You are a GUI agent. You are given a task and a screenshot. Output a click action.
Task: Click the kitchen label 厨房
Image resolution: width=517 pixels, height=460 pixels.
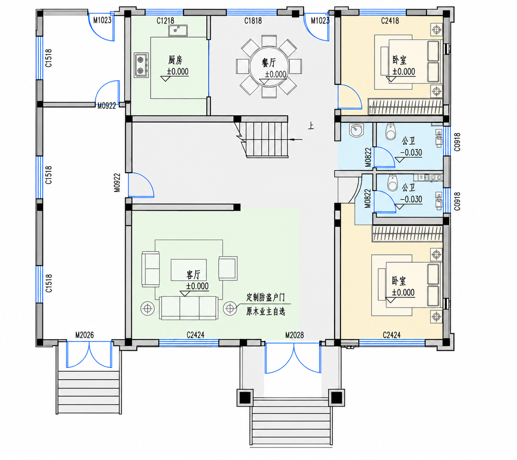[x=175, y=61]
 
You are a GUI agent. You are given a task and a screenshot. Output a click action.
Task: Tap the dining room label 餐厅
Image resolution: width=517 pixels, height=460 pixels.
[x=269, y=63]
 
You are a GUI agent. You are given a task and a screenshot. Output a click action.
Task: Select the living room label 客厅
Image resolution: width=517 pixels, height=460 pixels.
[x=194, y=275]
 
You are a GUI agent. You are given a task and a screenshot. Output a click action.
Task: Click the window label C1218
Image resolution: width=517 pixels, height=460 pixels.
[x=165, y=21]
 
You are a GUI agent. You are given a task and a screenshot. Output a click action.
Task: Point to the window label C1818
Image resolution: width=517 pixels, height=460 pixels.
[x=253, y=21]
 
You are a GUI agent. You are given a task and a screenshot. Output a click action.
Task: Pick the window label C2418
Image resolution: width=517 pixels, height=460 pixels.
[x=390, y=21]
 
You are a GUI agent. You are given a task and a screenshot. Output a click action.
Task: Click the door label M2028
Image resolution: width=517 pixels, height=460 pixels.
[x=295, y=335]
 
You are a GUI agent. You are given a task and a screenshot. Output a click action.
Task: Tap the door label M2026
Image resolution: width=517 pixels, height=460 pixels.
[x=84, y=335]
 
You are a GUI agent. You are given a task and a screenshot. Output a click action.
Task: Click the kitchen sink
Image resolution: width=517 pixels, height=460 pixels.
[x=178, y=31]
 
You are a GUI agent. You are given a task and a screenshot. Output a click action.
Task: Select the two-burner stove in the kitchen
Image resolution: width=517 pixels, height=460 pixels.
[x=141, y=65]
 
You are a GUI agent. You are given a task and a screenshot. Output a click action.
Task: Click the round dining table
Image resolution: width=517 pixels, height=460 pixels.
[x=269, y=66]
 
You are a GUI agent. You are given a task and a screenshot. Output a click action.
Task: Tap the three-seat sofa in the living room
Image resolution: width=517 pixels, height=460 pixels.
[x=188, y=308]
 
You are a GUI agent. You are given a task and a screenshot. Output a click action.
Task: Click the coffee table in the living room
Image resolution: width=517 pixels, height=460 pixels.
[x=189, y=270]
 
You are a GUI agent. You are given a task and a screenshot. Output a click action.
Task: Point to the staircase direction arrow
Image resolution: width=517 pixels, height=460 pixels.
[x=295, y=139]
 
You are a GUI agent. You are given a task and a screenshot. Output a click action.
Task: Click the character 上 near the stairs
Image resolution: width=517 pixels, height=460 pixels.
[x=311, y=126]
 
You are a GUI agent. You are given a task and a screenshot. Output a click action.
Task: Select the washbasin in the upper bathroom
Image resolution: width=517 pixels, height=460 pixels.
[x=355, y=131]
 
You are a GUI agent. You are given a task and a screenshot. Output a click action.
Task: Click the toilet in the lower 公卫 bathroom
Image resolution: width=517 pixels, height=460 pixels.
[x=392, y=183]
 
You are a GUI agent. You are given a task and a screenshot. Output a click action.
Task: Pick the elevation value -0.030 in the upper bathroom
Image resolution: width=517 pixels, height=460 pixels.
[x=411, y=152]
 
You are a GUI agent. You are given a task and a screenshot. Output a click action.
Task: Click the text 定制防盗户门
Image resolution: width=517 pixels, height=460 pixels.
[x=265, y=297]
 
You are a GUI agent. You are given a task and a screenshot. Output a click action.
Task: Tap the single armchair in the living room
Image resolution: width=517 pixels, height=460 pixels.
[x=228, y=268]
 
